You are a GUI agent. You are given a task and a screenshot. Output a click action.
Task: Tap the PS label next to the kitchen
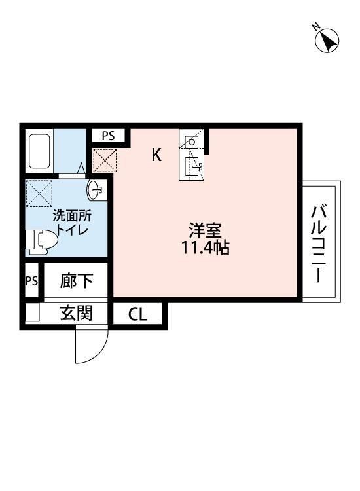(108, 136)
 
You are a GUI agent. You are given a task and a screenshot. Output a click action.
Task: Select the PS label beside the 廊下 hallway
(31, 281)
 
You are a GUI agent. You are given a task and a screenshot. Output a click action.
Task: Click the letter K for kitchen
(156, 155)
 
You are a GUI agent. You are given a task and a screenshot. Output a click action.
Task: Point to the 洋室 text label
(206, 231)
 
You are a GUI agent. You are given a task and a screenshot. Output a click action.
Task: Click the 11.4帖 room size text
(206, 248)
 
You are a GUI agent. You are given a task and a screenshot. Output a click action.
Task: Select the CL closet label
(137, 314)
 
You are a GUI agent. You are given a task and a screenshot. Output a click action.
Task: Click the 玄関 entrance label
(76, 314)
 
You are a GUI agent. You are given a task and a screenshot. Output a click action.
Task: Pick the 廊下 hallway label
(76, 282)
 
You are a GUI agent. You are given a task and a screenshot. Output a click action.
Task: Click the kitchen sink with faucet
(192, 166)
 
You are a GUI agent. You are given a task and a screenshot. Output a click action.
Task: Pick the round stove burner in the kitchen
(192, 141)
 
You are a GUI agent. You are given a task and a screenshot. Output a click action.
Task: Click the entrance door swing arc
(90, 347)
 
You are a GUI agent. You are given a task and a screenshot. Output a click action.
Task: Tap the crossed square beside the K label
(104, 159)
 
